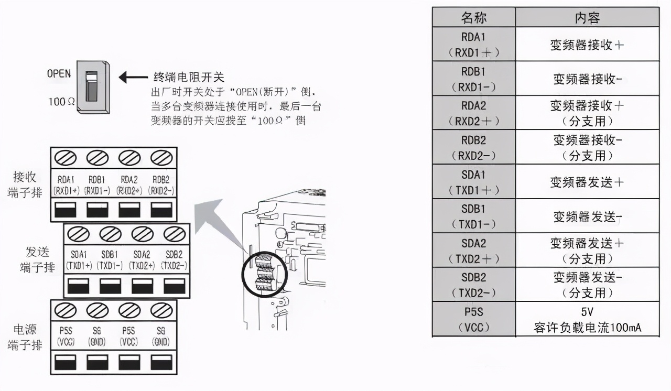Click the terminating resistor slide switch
click(x=92, y=86)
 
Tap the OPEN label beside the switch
click(x=59, y=74)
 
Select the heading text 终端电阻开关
click(x=188, y=78)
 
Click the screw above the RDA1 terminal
click(x=66, y=157)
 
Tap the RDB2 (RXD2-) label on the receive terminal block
click(x=161, y=184)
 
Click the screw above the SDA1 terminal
click(x=78, y=233)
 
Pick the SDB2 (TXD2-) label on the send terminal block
click(x=174, y=260)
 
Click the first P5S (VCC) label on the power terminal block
click(x=66, y=337)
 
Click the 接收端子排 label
click(x=24, y=184)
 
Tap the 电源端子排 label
click(x=24, y=337)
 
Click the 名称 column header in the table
click(x=474, y=17)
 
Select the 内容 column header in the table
click(x=587, y=17)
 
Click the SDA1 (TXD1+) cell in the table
click(x=474, y=182)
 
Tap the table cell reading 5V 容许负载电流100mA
click(x=587, y=319)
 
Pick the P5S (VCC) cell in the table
click(x=474, y=319)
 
